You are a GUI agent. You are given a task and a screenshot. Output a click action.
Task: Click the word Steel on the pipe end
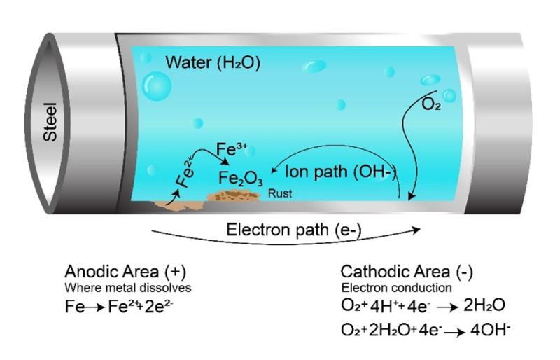tap(50, 122)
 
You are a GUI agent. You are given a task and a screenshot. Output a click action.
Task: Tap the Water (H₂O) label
tap(213, 62)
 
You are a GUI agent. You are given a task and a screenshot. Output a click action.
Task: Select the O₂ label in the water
tap(431, 104)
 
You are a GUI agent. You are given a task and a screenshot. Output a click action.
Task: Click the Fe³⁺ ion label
tap(232, 149)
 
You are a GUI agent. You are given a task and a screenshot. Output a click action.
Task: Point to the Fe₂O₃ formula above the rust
tap(241, 178)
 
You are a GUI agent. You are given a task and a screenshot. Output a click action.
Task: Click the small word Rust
tap(279, 193)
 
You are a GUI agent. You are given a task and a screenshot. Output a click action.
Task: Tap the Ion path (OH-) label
tap(341, 172)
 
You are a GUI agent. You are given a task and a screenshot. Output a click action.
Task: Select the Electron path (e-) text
tap(294, 230)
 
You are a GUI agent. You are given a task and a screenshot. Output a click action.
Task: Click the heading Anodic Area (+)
tap(125, 272)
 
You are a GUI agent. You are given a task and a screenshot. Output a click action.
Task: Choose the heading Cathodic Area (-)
tap(407, 272)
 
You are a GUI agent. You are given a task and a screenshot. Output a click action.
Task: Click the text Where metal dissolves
tap(128, 288)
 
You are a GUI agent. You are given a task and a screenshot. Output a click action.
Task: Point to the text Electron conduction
tap(396, 288)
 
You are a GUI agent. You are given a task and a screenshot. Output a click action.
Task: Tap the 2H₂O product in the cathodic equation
tap(484, 305)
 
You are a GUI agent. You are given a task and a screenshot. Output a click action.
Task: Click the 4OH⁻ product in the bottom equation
tap(491, 330)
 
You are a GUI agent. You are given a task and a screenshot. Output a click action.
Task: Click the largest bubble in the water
tap(156, 86)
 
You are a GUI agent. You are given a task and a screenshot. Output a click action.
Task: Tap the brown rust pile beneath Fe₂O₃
tap(234, 195)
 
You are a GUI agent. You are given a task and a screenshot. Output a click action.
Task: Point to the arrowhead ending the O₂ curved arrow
tap(411, 196)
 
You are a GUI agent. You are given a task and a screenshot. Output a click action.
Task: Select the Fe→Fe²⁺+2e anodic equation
tap(119, 307)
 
